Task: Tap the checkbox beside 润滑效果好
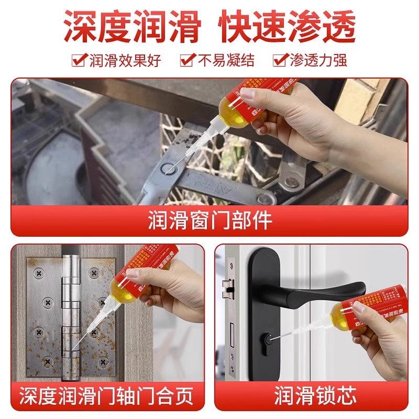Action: click(x=79, y=60)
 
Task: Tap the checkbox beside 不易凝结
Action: click(x=187, y=60)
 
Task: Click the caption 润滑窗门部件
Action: click(x=210, y=220)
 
